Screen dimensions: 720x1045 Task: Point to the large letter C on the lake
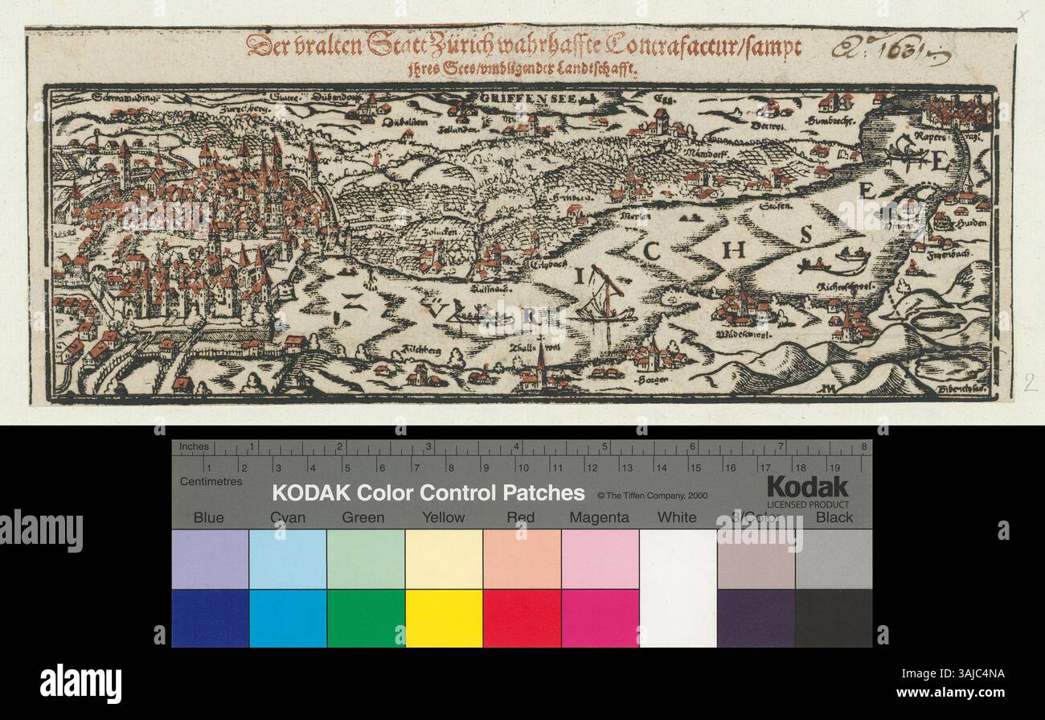point(651,252)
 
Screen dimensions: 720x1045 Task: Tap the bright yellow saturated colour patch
point(443,618)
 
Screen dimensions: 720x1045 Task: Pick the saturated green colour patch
point(365,618)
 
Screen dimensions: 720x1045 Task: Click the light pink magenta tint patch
point(599,559)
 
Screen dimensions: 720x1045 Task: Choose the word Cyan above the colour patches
point(287,517)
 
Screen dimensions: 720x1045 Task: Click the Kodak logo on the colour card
point(806,487)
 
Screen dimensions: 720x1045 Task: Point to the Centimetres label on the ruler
point(211,481)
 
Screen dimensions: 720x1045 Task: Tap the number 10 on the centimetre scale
point(522,467)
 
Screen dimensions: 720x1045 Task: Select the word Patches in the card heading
point(543,492)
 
